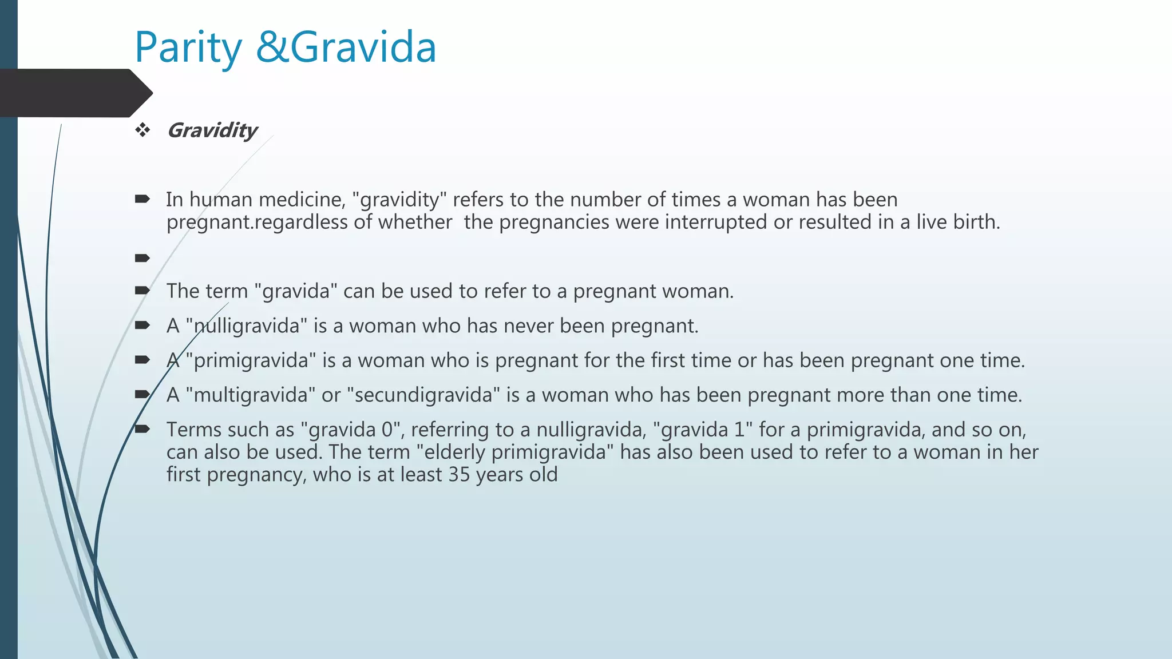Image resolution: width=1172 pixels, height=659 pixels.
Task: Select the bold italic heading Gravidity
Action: tap(212, 130)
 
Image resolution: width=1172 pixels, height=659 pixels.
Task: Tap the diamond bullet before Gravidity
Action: tap(142, 130)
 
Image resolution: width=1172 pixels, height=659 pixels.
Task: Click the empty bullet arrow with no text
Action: tap(142, 259)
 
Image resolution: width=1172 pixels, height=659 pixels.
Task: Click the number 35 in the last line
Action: tap(459, 475)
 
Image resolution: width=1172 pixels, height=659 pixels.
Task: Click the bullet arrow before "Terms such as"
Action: tap(142, 429)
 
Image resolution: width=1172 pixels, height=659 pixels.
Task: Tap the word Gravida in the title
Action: tap(364, 48)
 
